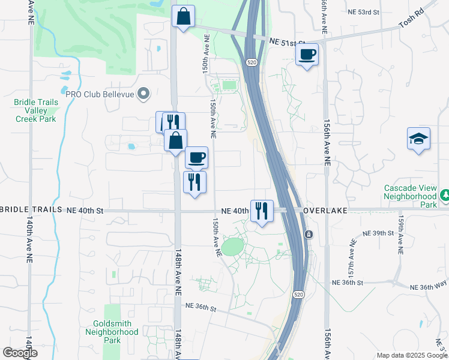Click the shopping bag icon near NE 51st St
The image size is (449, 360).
184,16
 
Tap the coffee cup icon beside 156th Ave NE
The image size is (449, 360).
307,55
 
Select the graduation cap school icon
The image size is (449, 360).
418,139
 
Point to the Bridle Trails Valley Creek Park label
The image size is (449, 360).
36,110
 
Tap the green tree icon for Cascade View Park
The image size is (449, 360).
445,195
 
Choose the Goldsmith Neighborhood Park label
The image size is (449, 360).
112,332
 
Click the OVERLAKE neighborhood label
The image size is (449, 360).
325,211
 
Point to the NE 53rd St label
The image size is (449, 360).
364,11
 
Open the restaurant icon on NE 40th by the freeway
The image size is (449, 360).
262,211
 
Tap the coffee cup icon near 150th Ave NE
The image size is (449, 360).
196,158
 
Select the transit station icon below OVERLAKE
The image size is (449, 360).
309,234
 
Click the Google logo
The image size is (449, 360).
20,353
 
